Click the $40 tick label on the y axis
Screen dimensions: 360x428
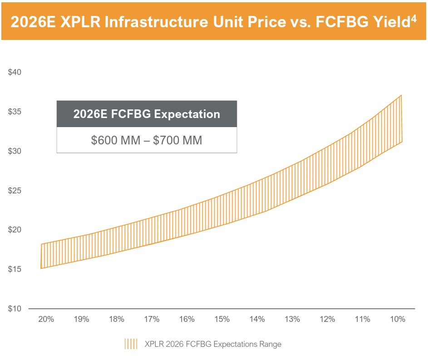coord(15,72)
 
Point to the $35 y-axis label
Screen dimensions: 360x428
coord(15,112)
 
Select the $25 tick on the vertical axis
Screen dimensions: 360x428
coord(15,191)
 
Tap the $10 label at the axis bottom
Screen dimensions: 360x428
coord(15,309)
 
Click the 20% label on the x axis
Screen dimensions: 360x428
coord(46,319)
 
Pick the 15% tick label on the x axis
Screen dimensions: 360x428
coord(222,319)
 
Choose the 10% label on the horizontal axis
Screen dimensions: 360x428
coord(398,319)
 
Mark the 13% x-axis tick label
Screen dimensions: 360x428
coord(292,319)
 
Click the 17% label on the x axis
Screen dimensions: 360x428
coord(152,319)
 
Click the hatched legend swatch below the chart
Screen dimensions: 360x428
coord(131,344)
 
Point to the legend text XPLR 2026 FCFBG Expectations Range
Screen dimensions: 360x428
coord(213,344)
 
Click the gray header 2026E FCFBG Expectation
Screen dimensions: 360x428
coord(147,114)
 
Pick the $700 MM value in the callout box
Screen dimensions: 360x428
coord(177,140)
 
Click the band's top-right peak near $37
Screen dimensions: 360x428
coord(401,96)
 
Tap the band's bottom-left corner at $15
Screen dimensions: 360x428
coord(41,268)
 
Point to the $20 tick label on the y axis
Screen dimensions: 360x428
coord(15,230)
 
